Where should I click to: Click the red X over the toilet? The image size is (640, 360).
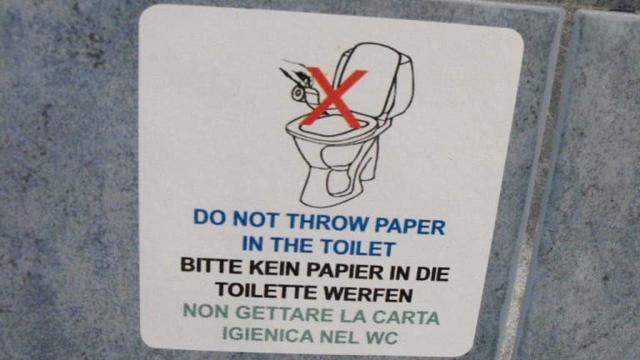coord(333,97)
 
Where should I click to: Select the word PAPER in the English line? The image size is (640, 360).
coord(410,226)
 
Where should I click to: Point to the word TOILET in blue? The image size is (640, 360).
coord(357,247)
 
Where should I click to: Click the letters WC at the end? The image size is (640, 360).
coord(382,338)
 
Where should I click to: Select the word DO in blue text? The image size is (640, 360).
coord(210,217)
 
